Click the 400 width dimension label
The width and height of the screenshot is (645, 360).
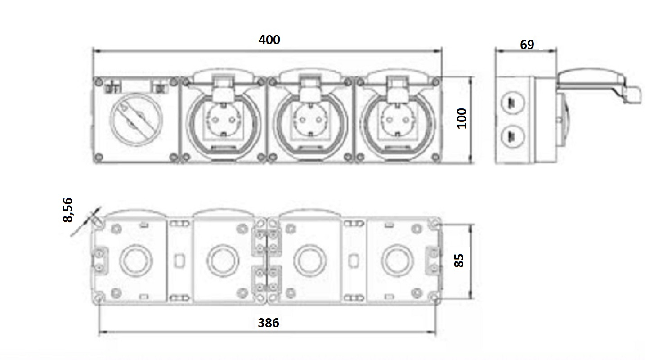[269, 40]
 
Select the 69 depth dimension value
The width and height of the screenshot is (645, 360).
[527, 45]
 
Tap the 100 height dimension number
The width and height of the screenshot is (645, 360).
[462, 118]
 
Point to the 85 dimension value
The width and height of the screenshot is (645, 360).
[459, 261]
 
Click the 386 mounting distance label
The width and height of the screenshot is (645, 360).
[269, 323]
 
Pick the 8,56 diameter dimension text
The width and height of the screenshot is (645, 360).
[67, 210]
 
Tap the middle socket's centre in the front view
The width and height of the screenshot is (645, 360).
[311, 120]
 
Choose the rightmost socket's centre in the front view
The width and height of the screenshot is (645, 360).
[398, 120]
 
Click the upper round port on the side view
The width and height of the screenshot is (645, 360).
[513, 102]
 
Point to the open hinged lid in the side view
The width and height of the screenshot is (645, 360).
[599, 84]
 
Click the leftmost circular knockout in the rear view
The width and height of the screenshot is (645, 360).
[136, 261]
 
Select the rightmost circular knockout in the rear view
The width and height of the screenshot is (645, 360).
[398, 261]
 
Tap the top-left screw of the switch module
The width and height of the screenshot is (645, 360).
[99, 82]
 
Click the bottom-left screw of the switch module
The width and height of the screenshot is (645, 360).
[99, 157]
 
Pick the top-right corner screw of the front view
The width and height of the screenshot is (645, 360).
[436, 82]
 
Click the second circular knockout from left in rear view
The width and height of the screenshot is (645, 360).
[223, 261]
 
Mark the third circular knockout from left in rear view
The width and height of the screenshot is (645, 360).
[310, 261]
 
